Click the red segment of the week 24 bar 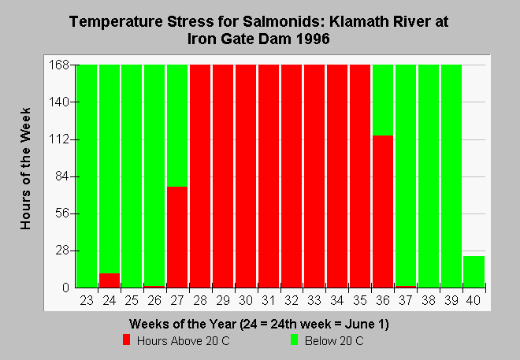point(110,280)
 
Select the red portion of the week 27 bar point(177,237)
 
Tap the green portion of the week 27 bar point(177,125)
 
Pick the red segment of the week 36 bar point(383,211)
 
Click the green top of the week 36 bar point(383,100)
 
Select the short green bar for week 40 point(474,272)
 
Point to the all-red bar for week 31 point(269,176)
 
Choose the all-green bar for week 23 point(87,176)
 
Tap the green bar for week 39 point(451,176)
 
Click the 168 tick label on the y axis point(59,65)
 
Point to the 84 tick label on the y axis point(62,176)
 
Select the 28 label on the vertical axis point(62,251)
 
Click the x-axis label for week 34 point(337,300)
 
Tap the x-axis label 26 point(154,300)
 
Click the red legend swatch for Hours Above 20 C point(126,340)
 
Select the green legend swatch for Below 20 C point(294,340)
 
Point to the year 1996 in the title point(313,39)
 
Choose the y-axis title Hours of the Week point(25,169)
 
